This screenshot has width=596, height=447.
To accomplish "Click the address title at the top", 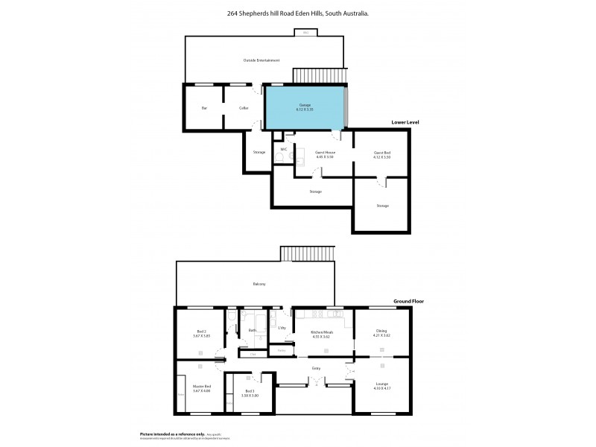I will point(298,13).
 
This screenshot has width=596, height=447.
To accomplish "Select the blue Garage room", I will point(305,108).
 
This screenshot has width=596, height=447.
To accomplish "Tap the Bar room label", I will point(204,109).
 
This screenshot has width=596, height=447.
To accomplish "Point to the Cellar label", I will point(244,109).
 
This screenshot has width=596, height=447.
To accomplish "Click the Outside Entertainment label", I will point(261,60).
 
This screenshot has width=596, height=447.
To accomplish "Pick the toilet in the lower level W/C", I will point(284,159).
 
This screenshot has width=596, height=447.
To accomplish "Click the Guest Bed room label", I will point(382,153).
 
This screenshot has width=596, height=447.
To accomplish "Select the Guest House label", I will point(324,153).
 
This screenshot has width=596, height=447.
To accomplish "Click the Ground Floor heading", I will point(408,302).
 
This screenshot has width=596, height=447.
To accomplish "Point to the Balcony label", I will point(259,284).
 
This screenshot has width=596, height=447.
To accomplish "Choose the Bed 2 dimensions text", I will point(201,337).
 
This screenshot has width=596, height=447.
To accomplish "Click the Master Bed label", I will point(202,386).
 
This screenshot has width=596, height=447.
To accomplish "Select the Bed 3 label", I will point(250,390).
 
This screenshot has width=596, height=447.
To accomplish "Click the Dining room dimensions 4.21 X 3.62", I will point(381,336).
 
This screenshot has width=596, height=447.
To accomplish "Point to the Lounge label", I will point(381,384).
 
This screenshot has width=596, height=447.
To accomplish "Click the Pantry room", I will point(281,349).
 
